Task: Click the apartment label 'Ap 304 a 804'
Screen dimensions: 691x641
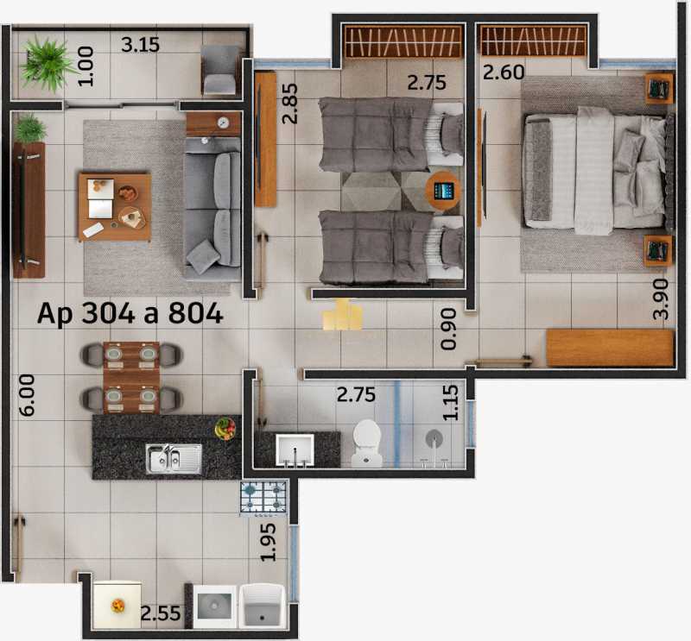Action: point(130,314)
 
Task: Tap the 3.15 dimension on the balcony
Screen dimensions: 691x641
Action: point(140,45)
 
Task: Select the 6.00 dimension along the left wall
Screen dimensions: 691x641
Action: point(27,395)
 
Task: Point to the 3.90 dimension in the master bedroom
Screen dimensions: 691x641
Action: point(661,299)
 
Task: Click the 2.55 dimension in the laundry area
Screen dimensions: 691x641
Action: point(161,613)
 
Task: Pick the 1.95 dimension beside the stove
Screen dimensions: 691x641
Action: point(268,542)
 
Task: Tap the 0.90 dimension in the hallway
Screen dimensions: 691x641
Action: point(448,329)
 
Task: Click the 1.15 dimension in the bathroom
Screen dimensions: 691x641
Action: point(450,403)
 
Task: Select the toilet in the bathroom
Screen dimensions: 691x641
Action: point(366,443)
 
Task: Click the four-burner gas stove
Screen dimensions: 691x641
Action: point(263,498)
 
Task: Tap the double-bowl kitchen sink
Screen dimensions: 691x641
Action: point(174,458)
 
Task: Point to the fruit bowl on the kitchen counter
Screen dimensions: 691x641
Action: point(225,429)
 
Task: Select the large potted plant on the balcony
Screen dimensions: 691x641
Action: point(47,65)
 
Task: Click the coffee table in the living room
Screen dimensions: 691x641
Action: point(115,207)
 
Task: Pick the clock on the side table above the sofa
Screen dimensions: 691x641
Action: point(224,123)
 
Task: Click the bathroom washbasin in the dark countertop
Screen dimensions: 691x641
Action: point(295,450)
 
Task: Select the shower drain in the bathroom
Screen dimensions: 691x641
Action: point(434,438)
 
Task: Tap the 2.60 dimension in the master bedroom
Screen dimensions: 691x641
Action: point(504,72)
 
